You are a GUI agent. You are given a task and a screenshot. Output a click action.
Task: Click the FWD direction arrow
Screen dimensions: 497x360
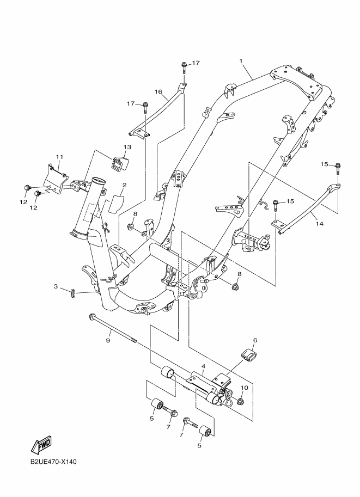(x=42, y=446)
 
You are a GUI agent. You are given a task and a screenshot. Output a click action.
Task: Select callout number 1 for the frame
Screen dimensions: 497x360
(x=240, y=60)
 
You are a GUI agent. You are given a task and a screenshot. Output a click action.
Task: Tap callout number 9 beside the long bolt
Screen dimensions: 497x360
(x=108, y=340)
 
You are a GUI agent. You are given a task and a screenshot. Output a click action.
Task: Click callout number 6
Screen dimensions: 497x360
(x=255, y=340)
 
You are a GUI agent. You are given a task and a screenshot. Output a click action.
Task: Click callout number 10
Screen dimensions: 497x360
(x=244, y=388)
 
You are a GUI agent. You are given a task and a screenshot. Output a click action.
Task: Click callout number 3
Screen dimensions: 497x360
(x=56, y=286)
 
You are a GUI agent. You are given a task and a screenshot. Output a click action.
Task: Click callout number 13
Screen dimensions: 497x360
(x=127, y=148)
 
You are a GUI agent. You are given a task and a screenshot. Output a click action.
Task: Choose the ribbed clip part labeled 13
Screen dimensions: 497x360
(x=120, y=162)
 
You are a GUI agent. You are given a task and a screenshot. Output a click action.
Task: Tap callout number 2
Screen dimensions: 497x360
(x=124, y=185)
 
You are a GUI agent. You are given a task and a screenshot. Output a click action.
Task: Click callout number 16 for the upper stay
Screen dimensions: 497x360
(x=159, y=92)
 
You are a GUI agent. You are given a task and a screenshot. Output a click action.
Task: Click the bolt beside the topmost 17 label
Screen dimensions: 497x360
(x=185, y=67)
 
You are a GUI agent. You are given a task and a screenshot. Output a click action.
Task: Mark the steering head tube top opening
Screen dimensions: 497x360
(x=97, y=181)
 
